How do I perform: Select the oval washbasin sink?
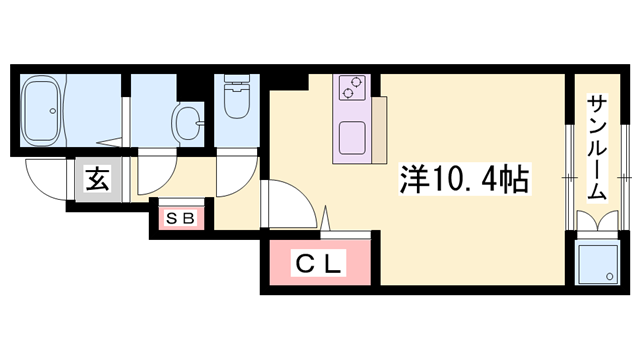pyautogui.click(x=184, y=124)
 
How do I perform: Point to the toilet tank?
pyautogui.click(x=237, y=80)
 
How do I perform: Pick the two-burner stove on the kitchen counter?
pyautogui.click(x=352, y=88)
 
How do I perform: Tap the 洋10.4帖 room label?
pyautogui.click(x=465, y=181)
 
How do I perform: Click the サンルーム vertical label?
pyautogui.click(x=596, y=150)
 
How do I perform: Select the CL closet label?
pyautogui.click(x=319, y=264)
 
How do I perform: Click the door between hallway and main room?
pyautogui.click(x=290, y=205)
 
